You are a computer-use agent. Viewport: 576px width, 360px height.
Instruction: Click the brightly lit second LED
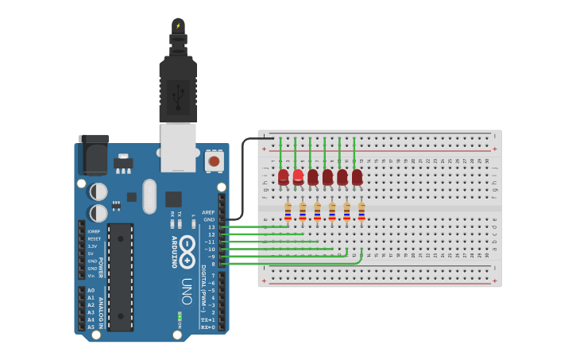298,176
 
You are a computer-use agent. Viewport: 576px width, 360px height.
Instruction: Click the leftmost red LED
284,176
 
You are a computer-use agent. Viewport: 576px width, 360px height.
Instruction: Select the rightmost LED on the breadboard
357,176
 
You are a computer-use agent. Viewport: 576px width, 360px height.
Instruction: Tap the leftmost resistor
288,211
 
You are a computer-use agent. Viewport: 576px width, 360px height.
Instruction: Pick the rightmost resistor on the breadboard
361,211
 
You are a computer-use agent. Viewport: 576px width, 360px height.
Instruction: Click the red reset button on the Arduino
213,161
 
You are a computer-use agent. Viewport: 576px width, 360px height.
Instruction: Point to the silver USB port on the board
178,147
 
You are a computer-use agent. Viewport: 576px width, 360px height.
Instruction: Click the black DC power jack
94,154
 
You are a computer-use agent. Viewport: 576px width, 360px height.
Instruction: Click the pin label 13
211,227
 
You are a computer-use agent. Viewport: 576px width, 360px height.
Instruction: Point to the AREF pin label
209,212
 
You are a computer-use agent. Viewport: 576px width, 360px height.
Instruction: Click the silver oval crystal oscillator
149,196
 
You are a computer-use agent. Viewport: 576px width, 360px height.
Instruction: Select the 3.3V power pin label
92,246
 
